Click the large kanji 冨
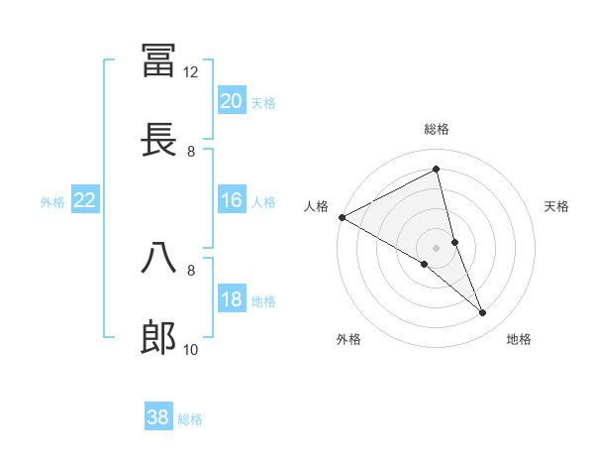pos(159,59)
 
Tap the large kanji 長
pos(159,138)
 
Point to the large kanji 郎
pos(159,337)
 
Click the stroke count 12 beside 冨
pos(191,72)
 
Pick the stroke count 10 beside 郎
pos(191,349)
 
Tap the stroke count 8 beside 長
pos(191,151)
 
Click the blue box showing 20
pos(232,101)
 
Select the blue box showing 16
pos(232,201)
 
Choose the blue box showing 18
pos(232,300)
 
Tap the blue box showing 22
pos(85,201)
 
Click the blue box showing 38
pos(158,417)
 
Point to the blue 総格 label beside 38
pos(190,419)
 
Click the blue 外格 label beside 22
pos(52,202)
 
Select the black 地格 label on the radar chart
pos(519,339)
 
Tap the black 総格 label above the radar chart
pos(437,129)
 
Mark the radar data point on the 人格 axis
pos(342,217)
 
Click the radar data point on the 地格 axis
pos(483,313)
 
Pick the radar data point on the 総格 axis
pos(437,170)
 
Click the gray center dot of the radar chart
pos(437,247)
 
